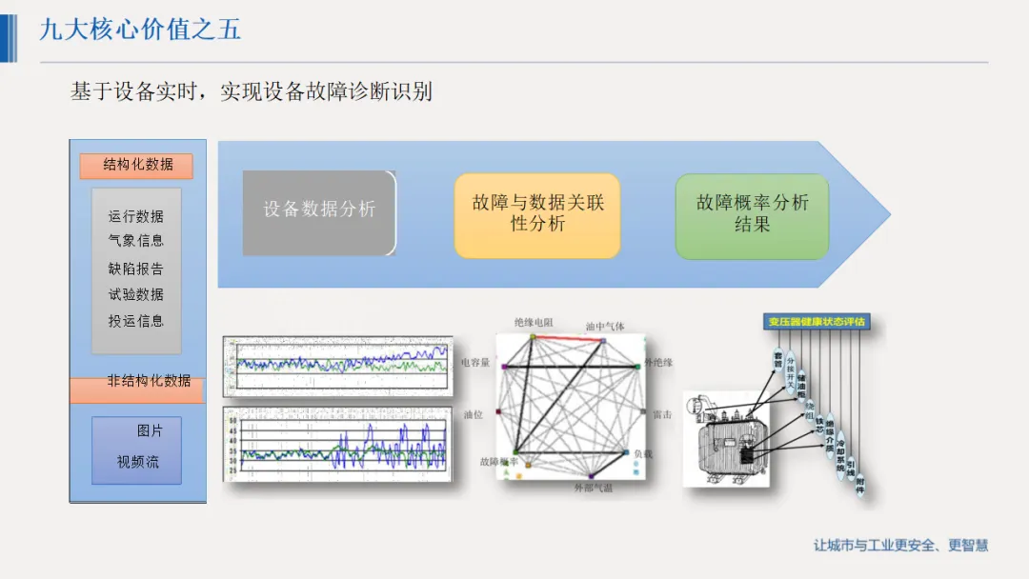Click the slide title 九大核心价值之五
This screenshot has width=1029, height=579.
click(x=140, y=30)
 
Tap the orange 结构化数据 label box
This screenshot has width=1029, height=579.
click(x=136, y=166)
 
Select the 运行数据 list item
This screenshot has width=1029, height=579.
click(x=136, y=216)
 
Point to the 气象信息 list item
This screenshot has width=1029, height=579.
click(x=136, y=241)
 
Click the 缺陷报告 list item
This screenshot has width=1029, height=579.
click(x=136, y=269)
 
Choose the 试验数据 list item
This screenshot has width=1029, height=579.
click(x=136, y=295)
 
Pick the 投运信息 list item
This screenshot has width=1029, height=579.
click(x=136, y=322)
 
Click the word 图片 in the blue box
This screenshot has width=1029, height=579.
click(x=150, y=431)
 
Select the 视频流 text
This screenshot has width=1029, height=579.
click(x=138, y=463)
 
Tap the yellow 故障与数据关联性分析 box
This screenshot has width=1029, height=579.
click(x=537, y=214)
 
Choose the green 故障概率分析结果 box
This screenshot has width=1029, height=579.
click(x=752, y=215)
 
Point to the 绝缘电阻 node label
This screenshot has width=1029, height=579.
click(x=533, y=323)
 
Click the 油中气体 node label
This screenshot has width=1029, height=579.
click(x=605, y=327)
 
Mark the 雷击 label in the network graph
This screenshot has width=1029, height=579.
click(x=662, y=414)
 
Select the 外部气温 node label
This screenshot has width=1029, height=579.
click(x=593, y=489)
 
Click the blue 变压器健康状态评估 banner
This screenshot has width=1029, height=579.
click(x=818, y=322)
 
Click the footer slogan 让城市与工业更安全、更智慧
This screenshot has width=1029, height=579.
click(x=900, y=546)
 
